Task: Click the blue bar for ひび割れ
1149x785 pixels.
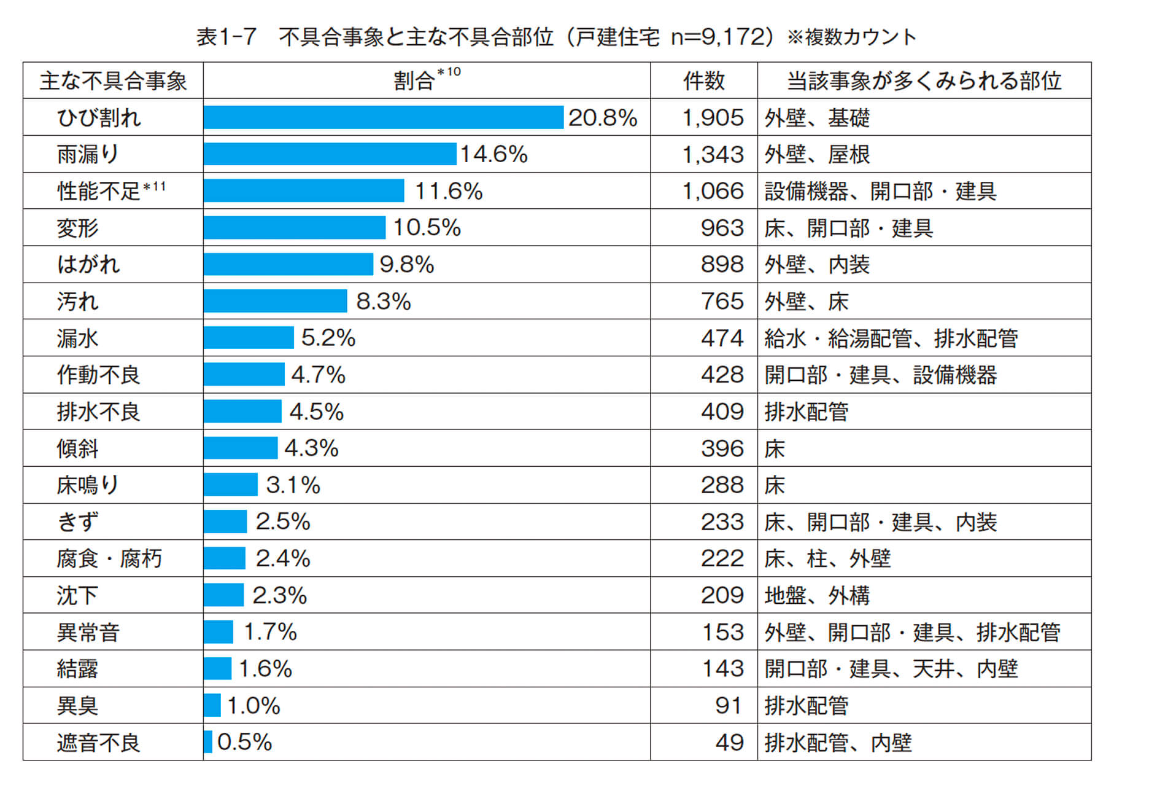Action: [x=383, y=117]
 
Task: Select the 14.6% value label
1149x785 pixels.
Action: [x=494, y=154]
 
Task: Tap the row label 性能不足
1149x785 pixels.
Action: [x=99, y=191]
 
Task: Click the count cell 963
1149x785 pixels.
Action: [x=722, y=228]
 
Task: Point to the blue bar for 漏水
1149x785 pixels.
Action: [x=249, y=338]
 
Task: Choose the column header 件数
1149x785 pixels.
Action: [x=704, y=81]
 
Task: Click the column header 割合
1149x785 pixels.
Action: [x=415, y=81]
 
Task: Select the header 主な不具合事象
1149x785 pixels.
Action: [x=113, y=81]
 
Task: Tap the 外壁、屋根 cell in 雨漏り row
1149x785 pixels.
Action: [x=817, y=154]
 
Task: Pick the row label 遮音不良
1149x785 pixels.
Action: [x=98, y=743]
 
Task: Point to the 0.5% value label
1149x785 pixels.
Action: [x=244, y=742]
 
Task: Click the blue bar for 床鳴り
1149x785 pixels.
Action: [x=231, y=485]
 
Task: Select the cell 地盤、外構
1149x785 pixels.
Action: [x=817, y=595]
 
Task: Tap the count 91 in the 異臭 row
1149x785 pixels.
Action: [x=729, y=706]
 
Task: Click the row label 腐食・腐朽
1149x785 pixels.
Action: [x=109, y=559]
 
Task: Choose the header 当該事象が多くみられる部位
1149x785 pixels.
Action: [x=924, y=81]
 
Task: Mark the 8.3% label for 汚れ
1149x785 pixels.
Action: [x=383, y=302]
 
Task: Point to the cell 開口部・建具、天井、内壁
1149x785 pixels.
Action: [x=891, y=669]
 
